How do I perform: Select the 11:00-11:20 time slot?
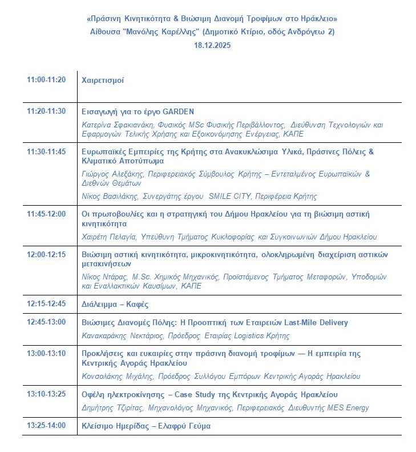[x=46, y=80]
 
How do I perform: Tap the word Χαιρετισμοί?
[x=103, y=81]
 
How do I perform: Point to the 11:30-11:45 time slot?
[x=46, y=152]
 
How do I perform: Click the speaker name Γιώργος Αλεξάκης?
[x=111, y=174]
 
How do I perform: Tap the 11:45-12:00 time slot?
[x=46, y=214]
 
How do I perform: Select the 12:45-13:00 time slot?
[x=46, y=322]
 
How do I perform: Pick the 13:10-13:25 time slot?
[x=46, y=394]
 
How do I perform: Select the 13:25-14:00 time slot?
[x=46, y=426]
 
